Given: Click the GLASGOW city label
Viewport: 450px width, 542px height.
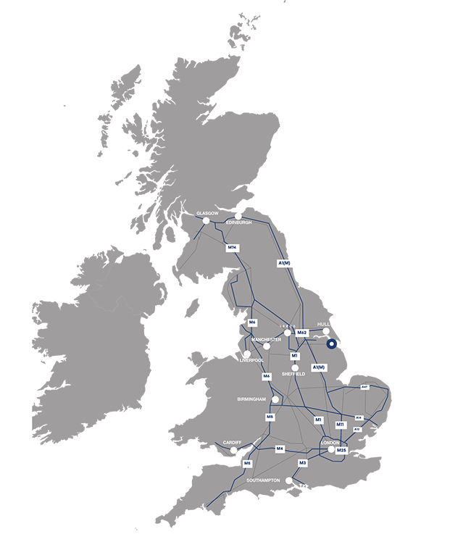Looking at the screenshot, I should pyautogui.click(x=207, y=213).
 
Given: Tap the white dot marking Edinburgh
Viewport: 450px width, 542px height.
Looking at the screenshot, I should pyautogui.click(x=238, y=216).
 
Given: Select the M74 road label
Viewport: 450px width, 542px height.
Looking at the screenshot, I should pyautogui.click(x=233, y=248).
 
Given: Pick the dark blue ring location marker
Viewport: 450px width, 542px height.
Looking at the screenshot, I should pyautogui.click(x=333, y=344).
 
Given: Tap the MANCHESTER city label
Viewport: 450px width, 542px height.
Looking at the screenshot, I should pyautogui.click(x=266, y=339).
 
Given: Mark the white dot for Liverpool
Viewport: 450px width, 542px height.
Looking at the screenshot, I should pyautogui.click(x=247, y=353).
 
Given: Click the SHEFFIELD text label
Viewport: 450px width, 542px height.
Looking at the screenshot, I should pyautogui.click(x=294, y=374).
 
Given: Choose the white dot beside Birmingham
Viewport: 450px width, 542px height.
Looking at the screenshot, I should pyautogui.click(x=275, y=399).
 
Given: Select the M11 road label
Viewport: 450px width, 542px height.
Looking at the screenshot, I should pyautogui.click(x=341, y=425).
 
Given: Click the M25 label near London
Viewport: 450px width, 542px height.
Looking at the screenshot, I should pyautogui.click(x=342, y=450).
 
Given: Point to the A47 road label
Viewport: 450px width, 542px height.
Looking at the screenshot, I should pyautogui.click(x=364, y=388).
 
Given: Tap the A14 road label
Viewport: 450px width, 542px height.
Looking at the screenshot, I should pyautogui.click(x=359, y=417).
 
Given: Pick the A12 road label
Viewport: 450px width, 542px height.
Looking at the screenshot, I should pyautogui.click(x=357, y=429).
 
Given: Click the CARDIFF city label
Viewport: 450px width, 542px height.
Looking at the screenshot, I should pyautogui.click(x=232, y=442).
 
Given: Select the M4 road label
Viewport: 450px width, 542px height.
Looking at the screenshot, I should pyautogui.click(x=280, y=449).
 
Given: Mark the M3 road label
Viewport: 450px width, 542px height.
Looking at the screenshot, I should pyautogui.click(x=303, y=463).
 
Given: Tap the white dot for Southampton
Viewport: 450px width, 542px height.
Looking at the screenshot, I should pyautogui.click(x=289, y=480).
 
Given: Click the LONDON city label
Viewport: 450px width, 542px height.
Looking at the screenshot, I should pyautogui.click(x=329, y=442).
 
